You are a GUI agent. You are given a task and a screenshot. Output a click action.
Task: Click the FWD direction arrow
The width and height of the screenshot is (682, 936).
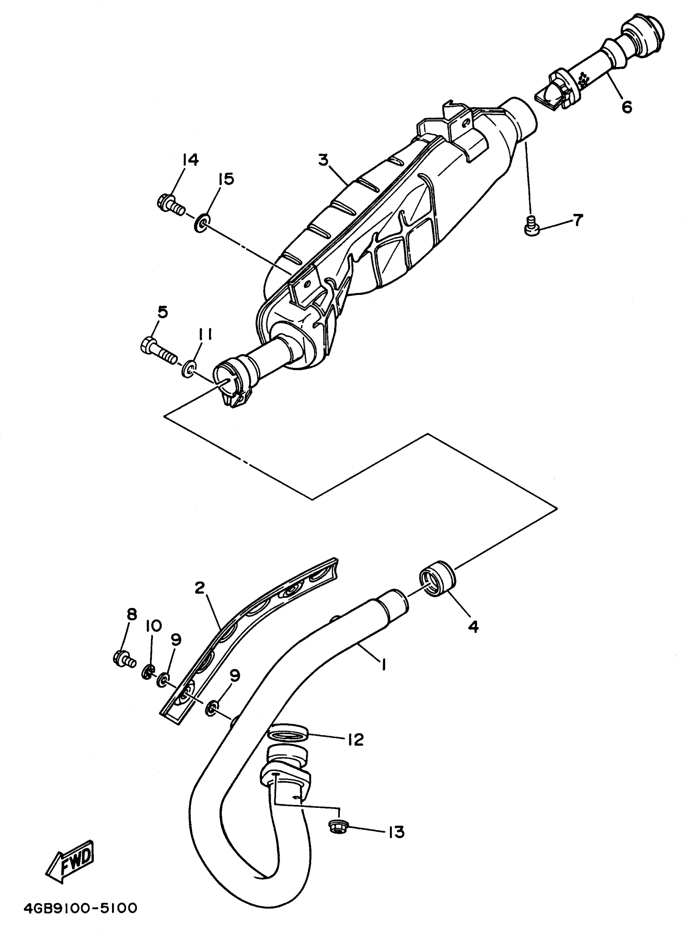click(69, 862)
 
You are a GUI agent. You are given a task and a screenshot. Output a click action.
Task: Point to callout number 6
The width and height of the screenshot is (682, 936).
click(627, 107)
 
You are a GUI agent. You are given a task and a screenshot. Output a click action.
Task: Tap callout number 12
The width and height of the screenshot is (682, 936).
click(355, 739)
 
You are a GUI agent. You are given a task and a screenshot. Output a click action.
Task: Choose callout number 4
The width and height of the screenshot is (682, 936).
click(473, 627)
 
